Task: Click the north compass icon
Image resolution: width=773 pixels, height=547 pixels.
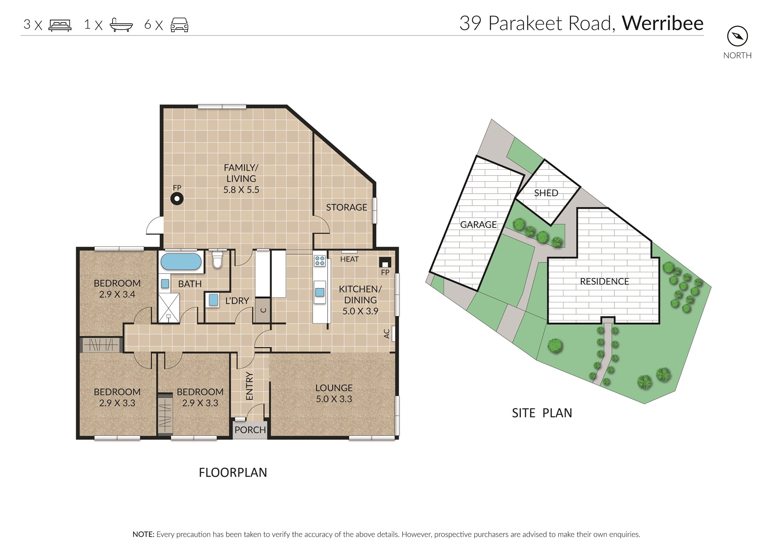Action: click(737, 36)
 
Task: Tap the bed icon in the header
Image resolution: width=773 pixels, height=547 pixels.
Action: click(60, 25)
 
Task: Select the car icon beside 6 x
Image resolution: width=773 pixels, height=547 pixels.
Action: click(179, 25)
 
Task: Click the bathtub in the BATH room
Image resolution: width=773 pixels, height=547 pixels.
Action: click(181, 261)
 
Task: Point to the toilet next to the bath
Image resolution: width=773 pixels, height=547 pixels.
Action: click(218, 259)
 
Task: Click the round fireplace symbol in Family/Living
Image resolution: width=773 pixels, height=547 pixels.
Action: click(177, 199)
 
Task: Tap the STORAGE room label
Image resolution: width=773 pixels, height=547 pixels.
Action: click(346, 208)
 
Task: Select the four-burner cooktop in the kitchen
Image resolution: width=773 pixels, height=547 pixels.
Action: click(320, 261)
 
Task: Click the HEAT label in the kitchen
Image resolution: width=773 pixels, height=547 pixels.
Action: click(349, 259)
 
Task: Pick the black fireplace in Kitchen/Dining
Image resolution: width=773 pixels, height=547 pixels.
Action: click(385, 262)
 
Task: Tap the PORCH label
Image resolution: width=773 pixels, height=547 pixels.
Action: click(250, 430)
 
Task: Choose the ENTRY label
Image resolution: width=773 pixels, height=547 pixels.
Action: click(250, 386)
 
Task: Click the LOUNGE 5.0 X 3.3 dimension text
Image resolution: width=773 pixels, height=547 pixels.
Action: click(334, 399)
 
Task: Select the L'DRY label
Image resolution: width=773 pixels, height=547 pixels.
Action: click(237, 301)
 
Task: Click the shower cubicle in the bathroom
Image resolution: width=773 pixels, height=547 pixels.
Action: click(169, 308)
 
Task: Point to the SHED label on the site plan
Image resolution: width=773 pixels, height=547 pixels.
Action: click(546, 193)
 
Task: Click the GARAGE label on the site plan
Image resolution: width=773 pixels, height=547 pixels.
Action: click(478, 225)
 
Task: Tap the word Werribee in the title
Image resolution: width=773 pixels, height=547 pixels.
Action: click(663, 23)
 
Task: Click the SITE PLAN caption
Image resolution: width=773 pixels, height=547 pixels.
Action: click(542, 413)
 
